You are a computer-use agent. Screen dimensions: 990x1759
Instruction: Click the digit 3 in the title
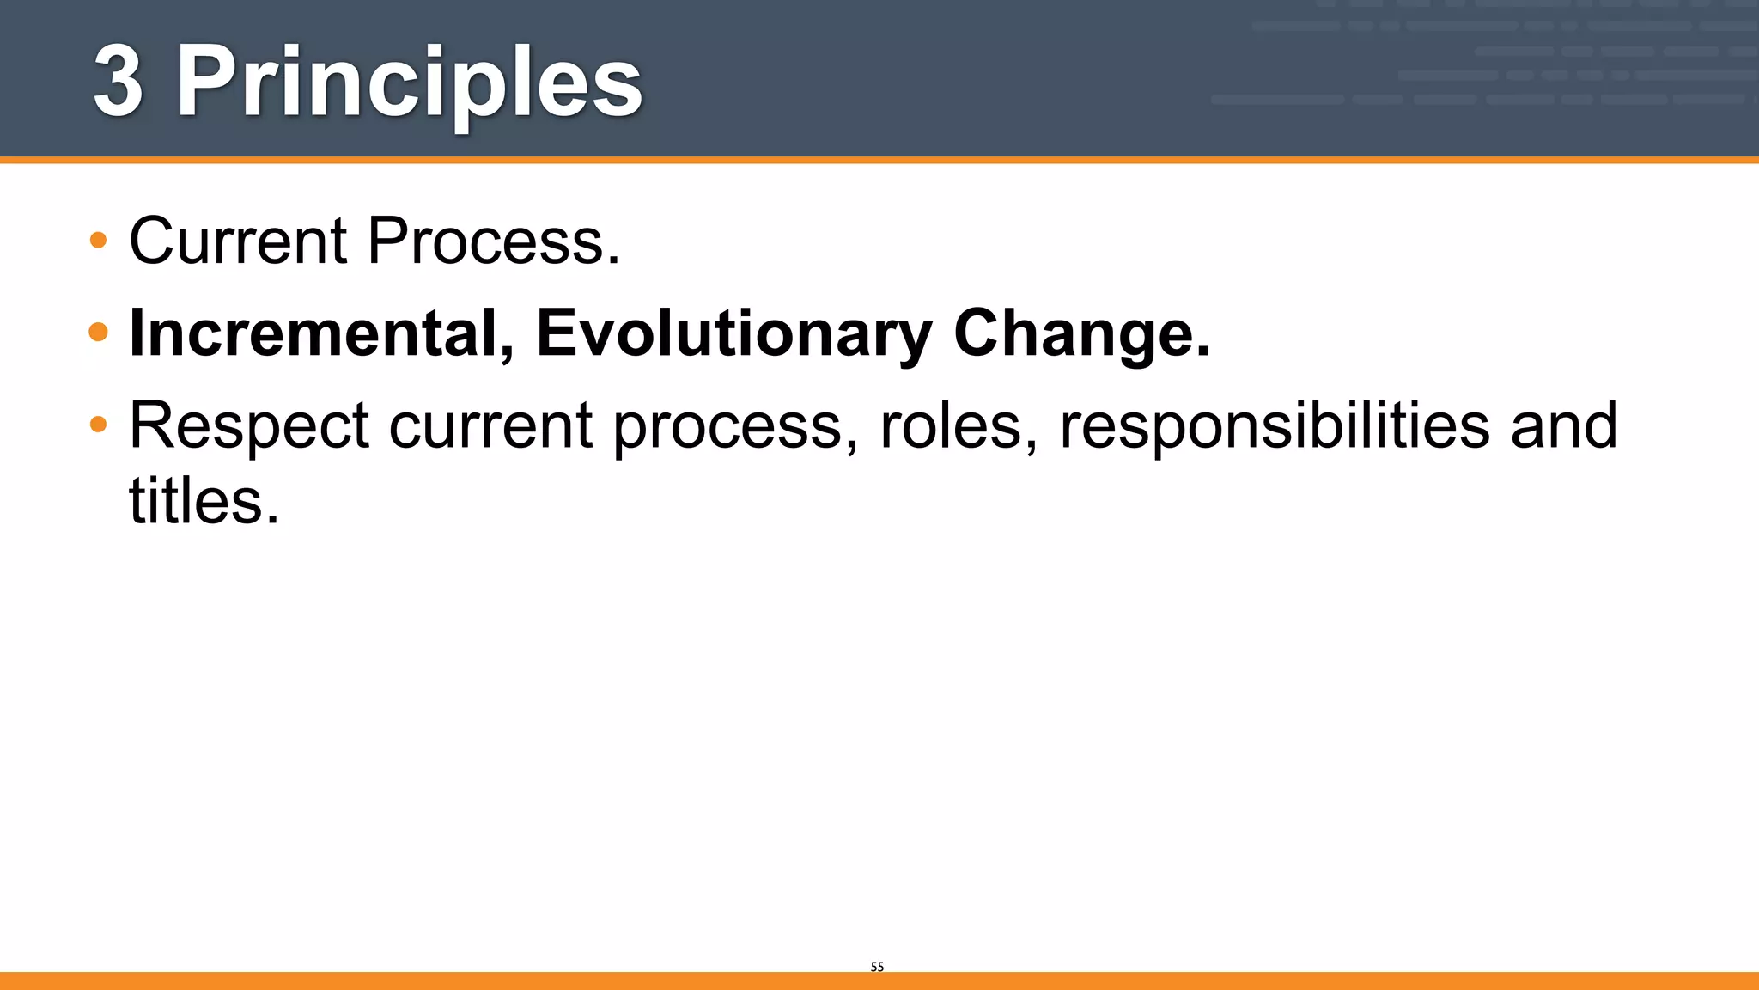point(119,82)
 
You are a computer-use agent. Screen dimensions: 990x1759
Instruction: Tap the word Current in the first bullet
point(238,241)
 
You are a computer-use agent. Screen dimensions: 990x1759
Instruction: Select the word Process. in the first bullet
point(493,241)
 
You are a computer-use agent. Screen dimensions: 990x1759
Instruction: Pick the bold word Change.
point(1081,333)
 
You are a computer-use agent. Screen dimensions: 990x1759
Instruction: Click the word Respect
point(249,426)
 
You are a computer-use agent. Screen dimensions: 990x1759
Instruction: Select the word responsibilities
point(1275,426)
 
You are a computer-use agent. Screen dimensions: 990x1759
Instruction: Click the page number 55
point(877,967)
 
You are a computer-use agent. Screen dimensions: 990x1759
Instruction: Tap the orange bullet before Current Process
point(99,240)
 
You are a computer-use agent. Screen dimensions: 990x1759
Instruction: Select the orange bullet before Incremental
point(99,332)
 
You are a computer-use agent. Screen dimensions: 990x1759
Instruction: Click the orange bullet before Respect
point(99,424)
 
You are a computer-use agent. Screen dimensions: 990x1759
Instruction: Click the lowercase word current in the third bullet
point(490,426)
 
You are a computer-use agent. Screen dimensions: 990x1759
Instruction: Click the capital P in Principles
point(206,82)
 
